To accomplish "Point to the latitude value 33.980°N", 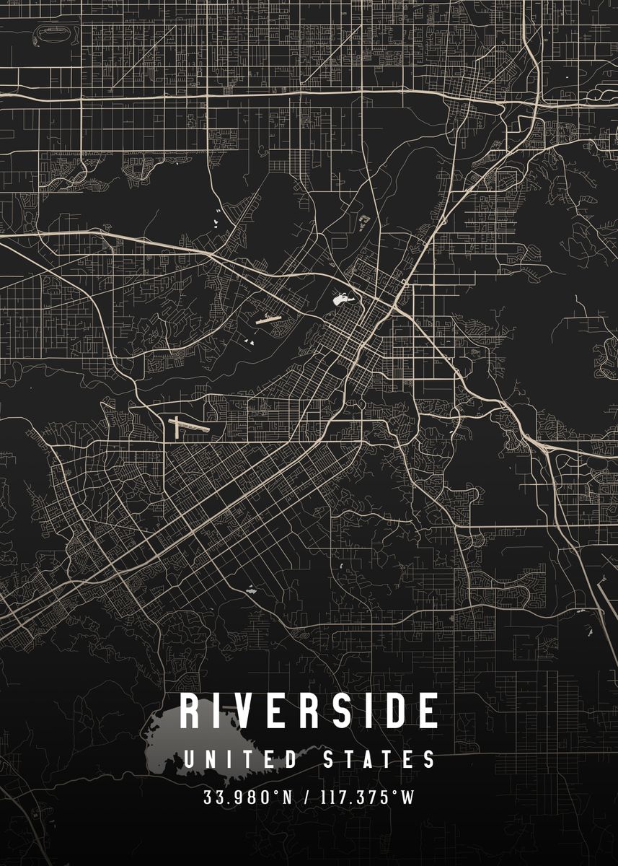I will coord(250,798).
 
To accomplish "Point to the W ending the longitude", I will coord(408,798).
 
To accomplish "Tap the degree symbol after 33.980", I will coord(275,795).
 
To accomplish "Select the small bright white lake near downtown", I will coord(340,297).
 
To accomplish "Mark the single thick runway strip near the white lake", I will coord(268,318).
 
